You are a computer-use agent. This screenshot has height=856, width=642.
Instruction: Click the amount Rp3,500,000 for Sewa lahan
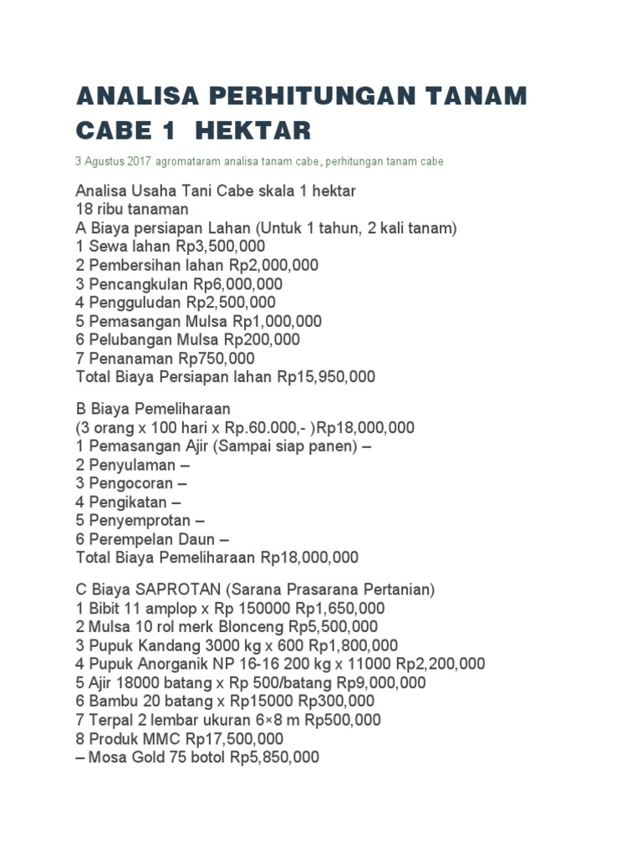(221, 247)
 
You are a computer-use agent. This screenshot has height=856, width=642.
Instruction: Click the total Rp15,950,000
(326, 377)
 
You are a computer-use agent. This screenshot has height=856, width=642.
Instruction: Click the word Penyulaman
(126, 465)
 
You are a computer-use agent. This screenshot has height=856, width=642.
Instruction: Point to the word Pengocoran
(126, 483)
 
